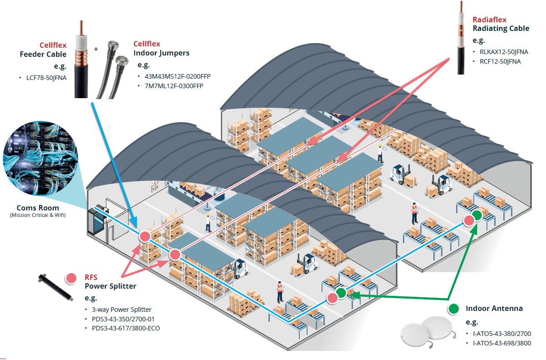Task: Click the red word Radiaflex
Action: click(489, 20)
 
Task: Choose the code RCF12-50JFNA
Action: click(496, 61)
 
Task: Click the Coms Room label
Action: click(38, 207)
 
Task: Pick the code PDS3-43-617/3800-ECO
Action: click(126, 328)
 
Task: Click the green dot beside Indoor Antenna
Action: click(453, 309)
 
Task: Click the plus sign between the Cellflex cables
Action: click(95, 48)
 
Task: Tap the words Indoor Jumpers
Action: click(161, 53)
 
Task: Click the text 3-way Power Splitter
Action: click(121, 310)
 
